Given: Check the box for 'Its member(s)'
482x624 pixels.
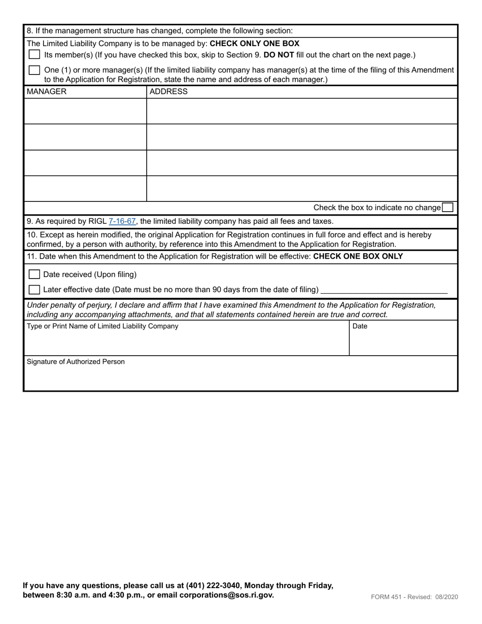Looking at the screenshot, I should [35, 54].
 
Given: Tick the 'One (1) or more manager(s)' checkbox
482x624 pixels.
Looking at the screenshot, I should [35, 70].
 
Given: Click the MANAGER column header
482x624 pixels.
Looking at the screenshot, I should [46, 92].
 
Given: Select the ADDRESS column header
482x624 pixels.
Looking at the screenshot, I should [168, 92].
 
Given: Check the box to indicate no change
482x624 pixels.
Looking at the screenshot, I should [447, 207].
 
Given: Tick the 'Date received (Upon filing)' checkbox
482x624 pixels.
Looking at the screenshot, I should [35, 274].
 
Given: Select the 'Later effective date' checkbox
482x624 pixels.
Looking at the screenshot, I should [35, 290].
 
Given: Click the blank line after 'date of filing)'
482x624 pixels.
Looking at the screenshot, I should [385, 290].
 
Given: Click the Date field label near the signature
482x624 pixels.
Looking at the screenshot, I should [360, 326].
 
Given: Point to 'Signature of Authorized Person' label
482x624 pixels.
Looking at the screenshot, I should [76, 362].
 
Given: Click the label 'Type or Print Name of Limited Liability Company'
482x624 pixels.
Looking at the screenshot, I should [102, 326].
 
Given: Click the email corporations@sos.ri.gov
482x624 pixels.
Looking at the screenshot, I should [226, 595].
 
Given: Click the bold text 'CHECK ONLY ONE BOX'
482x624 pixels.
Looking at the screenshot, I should [254, 44].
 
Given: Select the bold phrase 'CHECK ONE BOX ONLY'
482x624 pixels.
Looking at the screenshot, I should [358, 256].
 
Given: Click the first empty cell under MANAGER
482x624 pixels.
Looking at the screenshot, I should [85, 111].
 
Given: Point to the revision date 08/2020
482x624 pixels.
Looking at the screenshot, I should [446, 597].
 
